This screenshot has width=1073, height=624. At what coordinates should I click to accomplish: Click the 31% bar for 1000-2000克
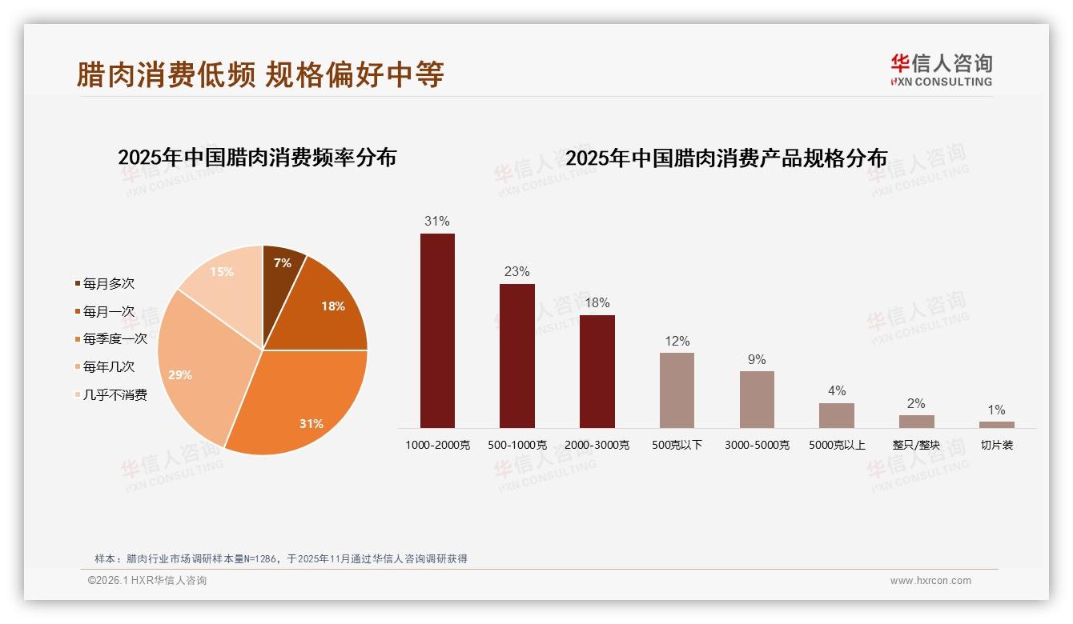(437, 330)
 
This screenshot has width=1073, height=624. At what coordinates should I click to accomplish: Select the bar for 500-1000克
(516, 356)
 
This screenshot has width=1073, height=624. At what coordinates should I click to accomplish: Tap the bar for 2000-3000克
(597, 371)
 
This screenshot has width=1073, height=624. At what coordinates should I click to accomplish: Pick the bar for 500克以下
(677, 390)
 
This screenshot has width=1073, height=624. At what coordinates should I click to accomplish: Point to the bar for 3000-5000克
(757, 399)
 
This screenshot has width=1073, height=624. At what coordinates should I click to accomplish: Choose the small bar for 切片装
(996, 425)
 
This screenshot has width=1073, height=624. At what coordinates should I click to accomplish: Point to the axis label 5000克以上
(837, 445)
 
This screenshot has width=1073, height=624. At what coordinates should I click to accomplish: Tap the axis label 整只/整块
(916, 445)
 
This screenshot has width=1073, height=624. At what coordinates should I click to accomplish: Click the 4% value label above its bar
(837, 390)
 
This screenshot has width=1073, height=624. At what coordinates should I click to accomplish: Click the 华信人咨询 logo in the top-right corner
(941, 70)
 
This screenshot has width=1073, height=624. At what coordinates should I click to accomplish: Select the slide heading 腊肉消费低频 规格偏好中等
(260, 74)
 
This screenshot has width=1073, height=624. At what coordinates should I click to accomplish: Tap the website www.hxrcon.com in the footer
(930, 581)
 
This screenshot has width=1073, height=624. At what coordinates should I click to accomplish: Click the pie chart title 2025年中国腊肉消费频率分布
(257, 157)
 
